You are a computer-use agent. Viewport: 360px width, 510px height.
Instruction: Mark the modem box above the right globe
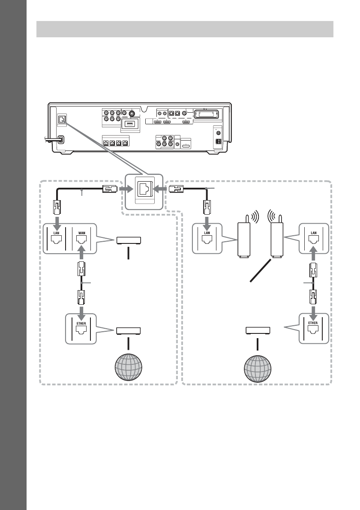point(258,331)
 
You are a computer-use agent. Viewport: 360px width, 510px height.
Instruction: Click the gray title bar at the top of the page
point(185,30)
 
